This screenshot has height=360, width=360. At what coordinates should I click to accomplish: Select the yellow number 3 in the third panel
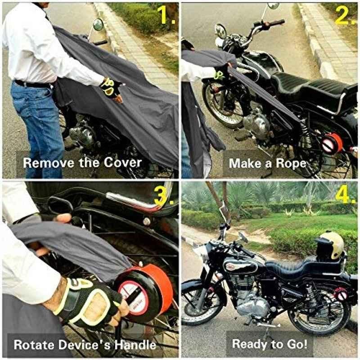click(x=164, y=195)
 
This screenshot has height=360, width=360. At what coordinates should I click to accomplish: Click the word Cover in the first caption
click(x=122, y=162)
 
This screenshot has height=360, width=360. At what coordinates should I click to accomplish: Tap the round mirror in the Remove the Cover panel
click(x=98, y=25)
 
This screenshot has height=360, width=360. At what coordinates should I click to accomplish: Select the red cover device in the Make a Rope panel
click(x=332, y=143)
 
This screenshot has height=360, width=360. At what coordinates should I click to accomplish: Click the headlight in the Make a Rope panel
click(x=221, y=31)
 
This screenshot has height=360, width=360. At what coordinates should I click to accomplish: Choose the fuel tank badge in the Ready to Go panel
click(x=230, y=267)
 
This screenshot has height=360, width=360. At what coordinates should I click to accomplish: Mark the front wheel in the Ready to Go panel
click(x=200, y=302)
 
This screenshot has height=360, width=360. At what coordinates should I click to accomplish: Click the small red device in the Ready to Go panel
click(x=341, y=294)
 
